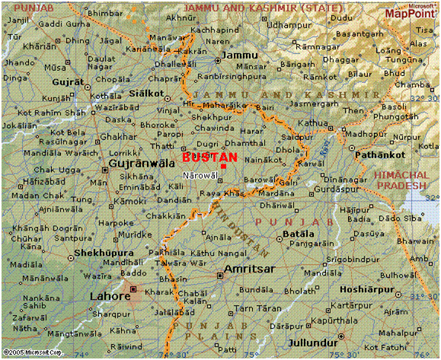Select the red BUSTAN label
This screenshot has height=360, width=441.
(x=209, y=157)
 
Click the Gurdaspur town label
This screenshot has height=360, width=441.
(x=336, y=188)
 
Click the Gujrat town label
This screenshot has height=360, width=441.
(x=66, y=80)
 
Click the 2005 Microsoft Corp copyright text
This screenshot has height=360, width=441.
(x=32, y=353)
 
